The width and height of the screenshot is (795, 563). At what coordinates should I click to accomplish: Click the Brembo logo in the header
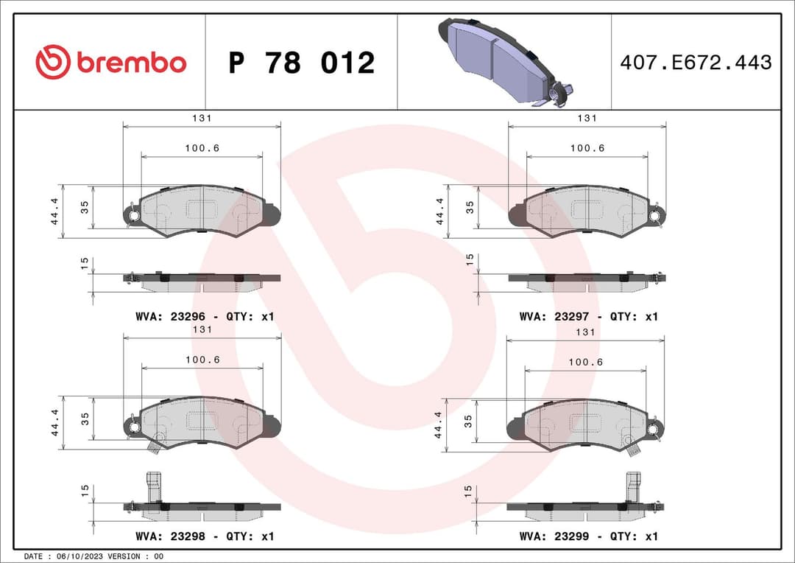click(x=110, y=63)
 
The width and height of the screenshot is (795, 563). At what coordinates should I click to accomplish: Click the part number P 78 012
click(x=301, y=63)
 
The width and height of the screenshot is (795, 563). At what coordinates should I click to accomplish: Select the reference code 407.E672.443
click(x=696, y=63)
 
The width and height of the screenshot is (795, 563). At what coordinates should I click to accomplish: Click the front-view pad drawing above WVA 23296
click(x=201, y=211)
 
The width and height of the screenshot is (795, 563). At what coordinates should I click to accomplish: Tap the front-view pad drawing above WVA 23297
click(x=587, y=211)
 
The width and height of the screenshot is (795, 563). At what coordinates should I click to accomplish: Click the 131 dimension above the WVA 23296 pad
click(x=202, y=118)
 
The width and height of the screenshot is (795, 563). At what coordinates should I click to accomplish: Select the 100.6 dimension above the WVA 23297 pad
click(x=587, y=148)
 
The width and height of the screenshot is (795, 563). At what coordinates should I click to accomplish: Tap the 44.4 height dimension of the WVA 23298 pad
click(x=55, y=423)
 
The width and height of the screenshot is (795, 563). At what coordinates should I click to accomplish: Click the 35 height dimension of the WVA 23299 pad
click(x=468, y=421)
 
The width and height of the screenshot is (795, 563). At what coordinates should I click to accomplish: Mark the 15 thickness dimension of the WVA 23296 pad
click(x=85, y=263)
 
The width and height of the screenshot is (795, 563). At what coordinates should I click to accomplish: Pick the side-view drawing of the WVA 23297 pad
click(x=587, y=279)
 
